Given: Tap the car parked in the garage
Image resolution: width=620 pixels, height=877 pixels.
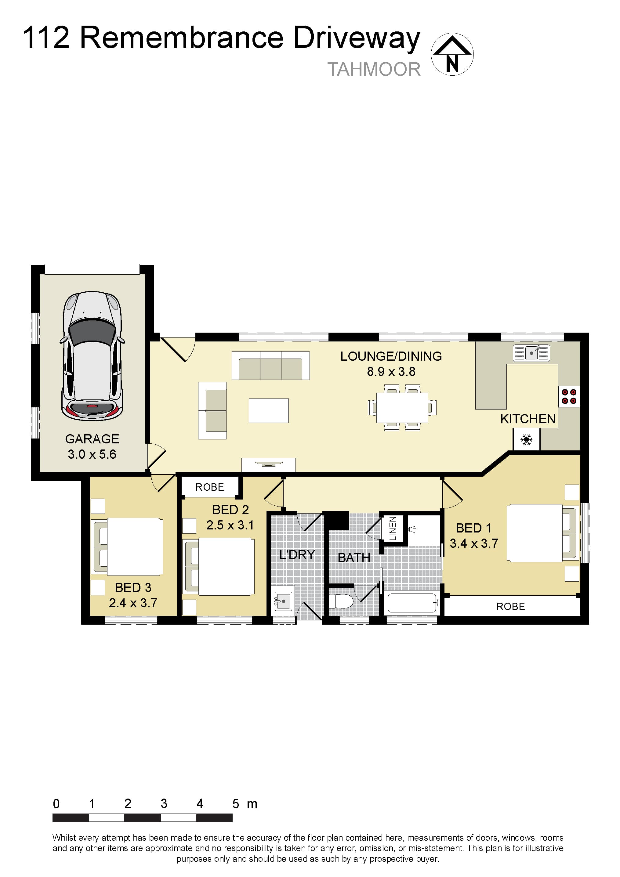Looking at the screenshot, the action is pyautogui.click(x=92, y=356).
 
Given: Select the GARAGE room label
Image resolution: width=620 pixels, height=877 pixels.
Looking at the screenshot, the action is pyautogui.click(x=92, y=439).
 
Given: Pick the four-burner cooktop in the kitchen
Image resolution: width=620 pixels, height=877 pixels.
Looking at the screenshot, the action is pyautogui.click(x=569, y=396).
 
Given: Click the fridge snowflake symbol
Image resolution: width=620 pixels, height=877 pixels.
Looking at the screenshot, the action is pyautogui.click(x=526, y=440).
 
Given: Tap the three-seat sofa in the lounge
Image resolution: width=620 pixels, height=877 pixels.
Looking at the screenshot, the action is pyautogui.click(x=270, y=366).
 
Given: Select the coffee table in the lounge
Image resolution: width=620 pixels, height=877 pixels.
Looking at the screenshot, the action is pyautogui.click(x=269, y=411).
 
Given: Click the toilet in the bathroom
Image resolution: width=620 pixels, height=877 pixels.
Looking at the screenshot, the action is pyautogui.click(x=341, y=601).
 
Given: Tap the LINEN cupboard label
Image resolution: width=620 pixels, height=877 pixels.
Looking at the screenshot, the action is pyautogui.click(x=392, y=528).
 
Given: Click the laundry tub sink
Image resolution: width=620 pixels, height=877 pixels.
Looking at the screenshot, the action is pyautogui.click(x=283, y=601).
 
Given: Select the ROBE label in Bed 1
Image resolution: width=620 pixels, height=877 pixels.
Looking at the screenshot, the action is pyautogui.click(x=510, y=606).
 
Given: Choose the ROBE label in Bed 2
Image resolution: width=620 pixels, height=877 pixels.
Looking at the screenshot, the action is pyautogui.click(x=210, y=487).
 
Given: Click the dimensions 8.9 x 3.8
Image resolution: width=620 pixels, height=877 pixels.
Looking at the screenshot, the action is pyautogui.click(x=391, y=371).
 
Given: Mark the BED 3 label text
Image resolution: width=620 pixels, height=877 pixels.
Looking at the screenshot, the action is pyautogui.click(x=133, y=587).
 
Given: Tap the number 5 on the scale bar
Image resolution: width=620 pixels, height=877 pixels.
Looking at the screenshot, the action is pyautogui.click(x=236, y=804).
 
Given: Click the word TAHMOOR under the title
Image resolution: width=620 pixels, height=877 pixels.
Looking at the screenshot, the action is pyautogui.click(x=374, y=70).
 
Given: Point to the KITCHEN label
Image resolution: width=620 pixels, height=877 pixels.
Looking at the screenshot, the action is pyautogui.click(x=528, y=419).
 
